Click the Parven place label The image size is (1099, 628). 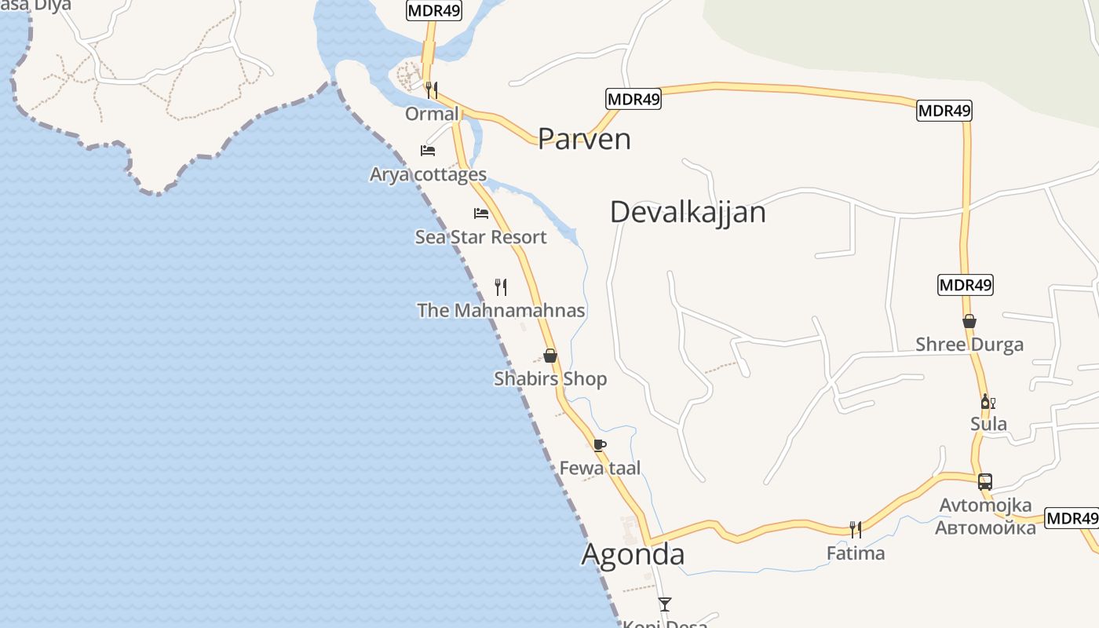coord(584,139)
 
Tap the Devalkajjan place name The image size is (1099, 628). coord(688,212)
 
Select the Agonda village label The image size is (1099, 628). coord(633,554)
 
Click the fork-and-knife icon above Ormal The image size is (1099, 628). coord(431,89)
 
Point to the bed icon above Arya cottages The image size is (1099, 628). coord(428,150)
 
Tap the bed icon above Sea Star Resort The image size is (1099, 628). coord(481,213)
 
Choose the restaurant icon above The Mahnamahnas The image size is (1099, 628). coord(501,287)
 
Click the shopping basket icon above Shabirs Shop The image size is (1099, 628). coord(550,356)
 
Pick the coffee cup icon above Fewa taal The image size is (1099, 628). coord(600,445)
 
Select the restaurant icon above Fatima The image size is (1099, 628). coord(856,530)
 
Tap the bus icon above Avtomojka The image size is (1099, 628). coord(985,482)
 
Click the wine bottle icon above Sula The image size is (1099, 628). coord(988,402)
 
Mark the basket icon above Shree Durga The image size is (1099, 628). coord(969,321)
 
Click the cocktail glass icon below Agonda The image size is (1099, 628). coord(665,604)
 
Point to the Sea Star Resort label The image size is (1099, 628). coord(480,237)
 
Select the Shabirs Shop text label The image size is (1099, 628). coord(550,379)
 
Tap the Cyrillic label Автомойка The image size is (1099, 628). coord(985,527)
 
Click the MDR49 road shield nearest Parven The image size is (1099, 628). coord(633,99)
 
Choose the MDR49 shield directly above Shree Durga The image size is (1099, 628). coord(966,285)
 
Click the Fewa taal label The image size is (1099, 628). coord(600,469)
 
